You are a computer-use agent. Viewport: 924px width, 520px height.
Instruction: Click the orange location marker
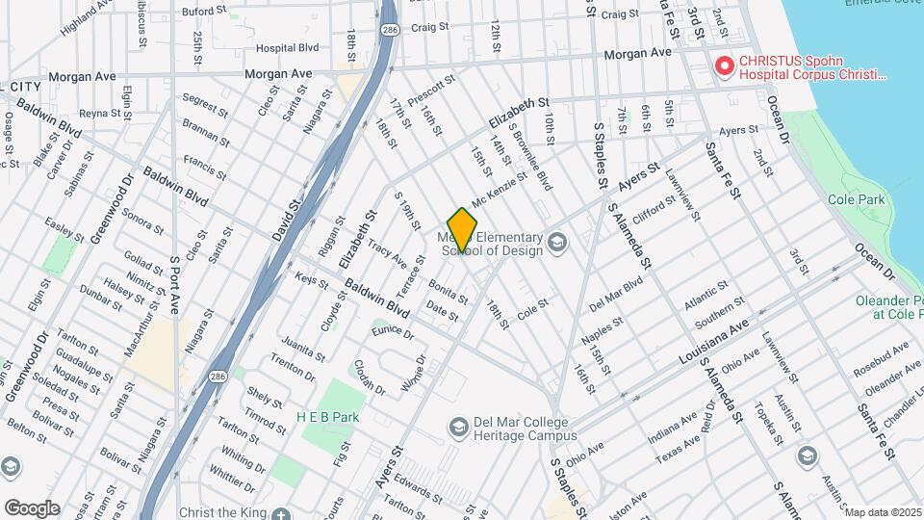pos(462,229)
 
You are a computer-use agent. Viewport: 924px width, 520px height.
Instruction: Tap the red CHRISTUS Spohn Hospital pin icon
pos(724,67)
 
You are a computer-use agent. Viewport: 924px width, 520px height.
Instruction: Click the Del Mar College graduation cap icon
pos(459,426)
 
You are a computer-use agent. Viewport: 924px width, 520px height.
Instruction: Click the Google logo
pos(31,508)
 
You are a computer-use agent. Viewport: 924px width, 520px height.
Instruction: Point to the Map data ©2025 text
pos(883,511)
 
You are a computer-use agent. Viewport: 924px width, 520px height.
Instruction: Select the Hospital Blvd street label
pos(287,47)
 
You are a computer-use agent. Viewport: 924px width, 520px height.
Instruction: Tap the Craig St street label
pos(620,14)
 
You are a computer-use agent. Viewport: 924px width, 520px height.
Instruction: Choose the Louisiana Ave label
pos(712,343)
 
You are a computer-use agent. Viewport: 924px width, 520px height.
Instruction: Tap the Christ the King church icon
pos(280,512)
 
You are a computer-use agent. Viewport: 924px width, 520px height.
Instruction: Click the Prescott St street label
pos(430,91)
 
